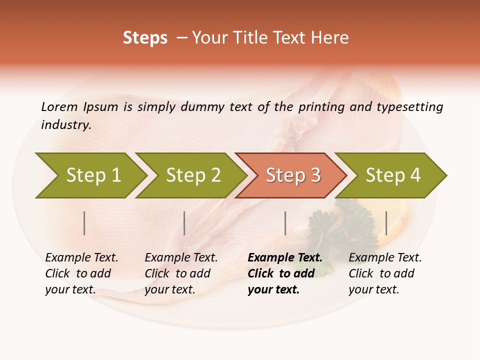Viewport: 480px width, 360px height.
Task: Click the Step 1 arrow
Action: pyautogui.click(x=92, y=175)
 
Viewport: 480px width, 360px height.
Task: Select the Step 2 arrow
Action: pyautogui.click(x=192, y=175)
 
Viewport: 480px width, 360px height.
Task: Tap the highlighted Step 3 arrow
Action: pyautogui.click(x=292, y=175)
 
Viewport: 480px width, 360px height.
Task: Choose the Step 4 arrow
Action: pyautogui.click(x=392, y=175)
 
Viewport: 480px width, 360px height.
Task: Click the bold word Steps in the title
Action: pyautogui.click(x=145, y=38)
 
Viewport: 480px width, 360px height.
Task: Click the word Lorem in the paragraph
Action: pyautogui.click(x=59, y=106)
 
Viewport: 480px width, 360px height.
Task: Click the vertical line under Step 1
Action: pyautogui.click(x=84, y=223)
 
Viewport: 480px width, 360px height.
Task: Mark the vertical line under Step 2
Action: pyautogui.click(x=184, y=223)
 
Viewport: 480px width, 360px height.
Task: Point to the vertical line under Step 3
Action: pyautogui.click(x=285, y=223)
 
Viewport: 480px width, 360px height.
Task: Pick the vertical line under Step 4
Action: pyautogui.click(x=386, y=223)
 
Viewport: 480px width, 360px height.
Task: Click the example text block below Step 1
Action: pyautogui.click(x=81, y=273)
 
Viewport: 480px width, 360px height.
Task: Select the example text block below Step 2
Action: pyautogui.click(x=181, y=273)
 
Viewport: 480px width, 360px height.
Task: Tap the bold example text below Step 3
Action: pyautogui.click(x=284, y=273)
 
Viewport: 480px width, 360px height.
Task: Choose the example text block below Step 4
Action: pyautogui.click(x=385, y=273)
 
